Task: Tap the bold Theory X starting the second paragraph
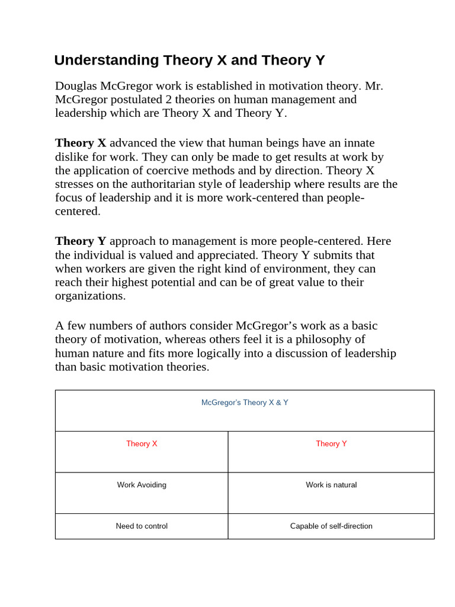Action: coord(81,143)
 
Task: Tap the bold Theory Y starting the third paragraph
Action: coord(81,241)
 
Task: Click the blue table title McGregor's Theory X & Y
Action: coord(245,402)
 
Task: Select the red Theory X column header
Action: coord(142,443)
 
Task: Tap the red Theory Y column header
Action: coord(331,443)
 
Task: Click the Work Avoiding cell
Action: coord(142,485)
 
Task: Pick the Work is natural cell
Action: coord(331,485)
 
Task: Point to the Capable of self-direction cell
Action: coord(331,526)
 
